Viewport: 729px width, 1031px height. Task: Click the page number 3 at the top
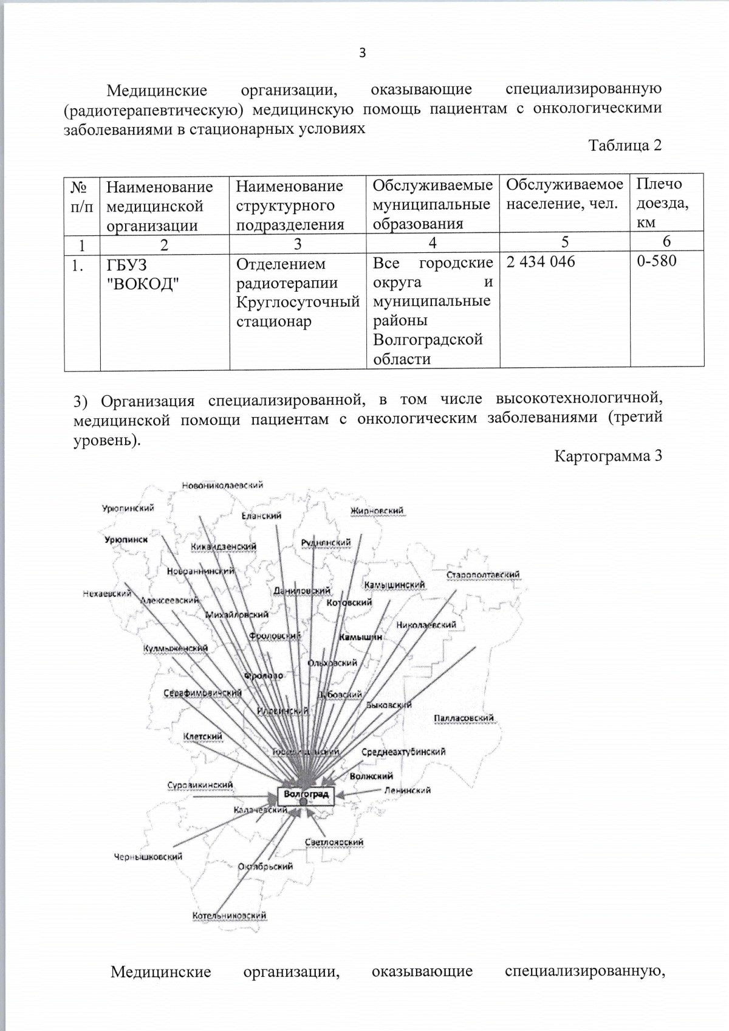(363, 53)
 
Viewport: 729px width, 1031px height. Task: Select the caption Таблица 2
(625, 145)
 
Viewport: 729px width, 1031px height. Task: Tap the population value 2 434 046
(540, 262)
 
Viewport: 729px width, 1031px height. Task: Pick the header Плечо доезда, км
(662, 203)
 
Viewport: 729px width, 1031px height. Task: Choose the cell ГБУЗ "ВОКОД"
(143, 274)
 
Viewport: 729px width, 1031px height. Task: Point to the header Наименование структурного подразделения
(289, 205)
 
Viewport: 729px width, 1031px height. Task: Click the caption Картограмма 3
(607, 456)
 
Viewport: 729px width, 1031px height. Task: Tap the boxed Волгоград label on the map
(306, 794)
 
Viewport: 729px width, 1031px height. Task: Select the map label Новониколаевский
(222, 485)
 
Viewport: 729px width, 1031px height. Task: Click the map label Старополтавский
(483, 574)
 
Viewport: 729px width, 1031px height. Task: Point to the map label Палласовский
(464, 718)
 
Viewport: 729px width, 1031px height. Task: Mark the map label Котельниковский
(229, 915)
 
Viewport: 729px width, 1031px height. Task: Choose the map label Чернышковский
(148, 857)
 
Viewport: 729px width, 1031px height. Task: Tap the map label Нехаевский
(107, 593)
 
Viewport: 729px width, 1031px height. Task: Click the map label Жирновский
(377, 511)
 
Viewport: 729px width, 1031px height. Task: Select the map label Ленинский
(407, 790)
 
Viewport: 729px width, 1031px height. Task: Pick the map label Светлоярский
(334, 842)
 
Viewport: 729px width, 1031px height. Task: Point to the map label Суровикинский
(200, 785)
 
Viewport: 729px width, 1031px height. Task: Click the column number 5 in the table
(564, 242)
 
